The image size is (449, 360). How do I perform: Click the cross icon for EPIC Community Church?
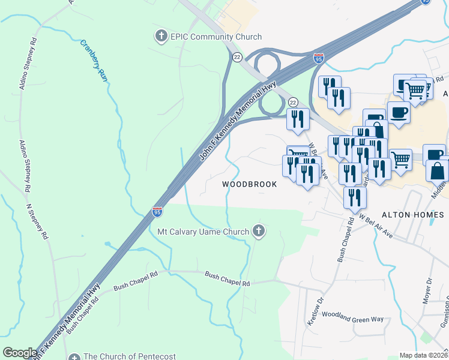(x=161, y=37)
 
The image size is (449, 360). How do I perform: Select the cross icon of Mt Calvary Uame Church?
(x=259, y=230)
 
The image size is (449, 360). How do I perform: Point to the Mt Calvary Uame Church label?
(x=203, y=232)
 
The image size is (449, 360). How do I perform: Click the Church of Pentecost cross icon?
(x=74, y=356)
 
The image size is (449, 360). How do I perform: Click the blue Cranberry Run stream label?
(x=93, y=61)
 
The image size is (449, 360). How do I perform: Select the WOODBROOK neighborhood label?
(x=250, y=184)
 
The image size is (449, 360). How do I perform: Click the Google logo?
(x=20, y=353)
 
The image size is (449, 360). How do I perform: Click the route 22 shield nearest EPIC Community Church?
(x=237, y=56)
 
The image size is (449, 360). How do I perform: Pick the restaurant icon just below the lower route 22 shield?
(x=298, y=120)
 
